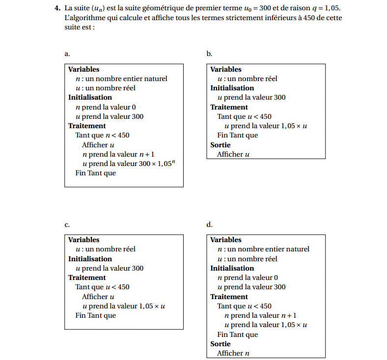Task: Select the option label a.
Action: pyautogui.click(x=67, y=54)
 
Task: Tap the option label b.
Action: pyautogui.click(x=209, y=54)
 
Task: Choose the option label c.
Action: pyautogui.click(x=67, y=224)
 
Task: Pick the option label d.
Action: pyautogui.click(x=209, y=224)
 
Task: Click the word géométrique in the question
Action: pyautogui.click(x=158, y=9)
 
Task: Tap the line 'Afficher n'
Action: pyautogui.click(x=233, y=353)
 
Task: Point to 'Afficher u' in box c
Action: pyautogui.click(x=98, y=297)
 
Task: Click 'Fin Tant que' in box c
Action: pyautogui.click(x=95, y=315)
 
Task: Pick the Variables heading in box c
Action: pyautogui.click(x=83, y=240)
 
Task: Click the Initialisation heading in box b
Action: pyautogui.click(x=232, y=88)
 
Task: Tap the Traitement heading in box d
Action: pyautogui.click(x=229, y=297)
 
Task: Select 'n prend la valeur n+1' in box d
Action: pyautogui.click(x=260, y=315)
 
